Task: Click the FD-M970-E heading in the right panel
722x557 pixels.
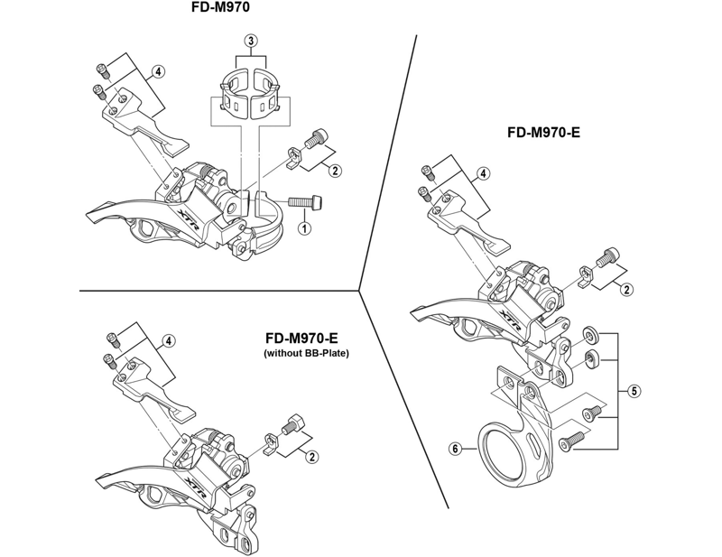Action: pyautogui.click(x=543, y=132)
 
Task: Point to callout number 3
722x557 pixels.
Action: pyautogui.click(x=251, y=40)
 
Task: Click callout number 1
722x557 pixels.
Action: pyautogui.click(x=304, y=228)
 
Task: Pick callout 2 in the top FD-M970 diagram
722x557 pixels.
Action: pyautogui.click(x=335, y=171)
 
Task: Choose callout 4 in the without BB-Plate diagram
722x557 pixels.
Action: pyautogui.click(x=168, y=340)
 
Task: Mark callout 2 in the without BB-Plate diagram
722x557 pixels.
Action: pyautogui.click(x=310, y=458)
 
